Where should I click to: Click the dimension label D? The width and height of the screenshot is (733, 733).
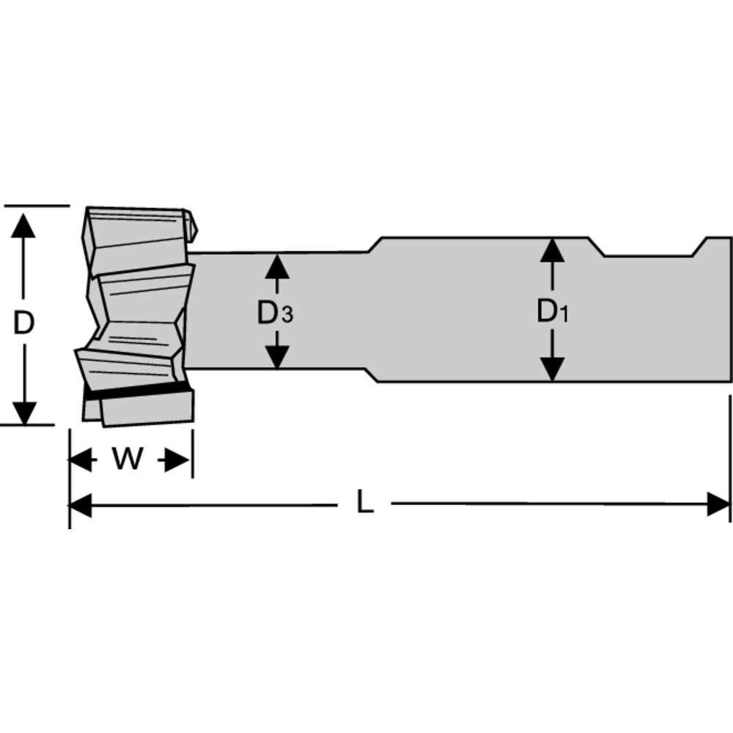[24, 322]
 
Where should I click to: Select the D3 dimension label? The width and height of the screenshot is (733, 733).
[275, 314]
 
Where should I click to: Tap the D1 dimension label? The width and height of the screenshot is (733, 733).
[552, 312]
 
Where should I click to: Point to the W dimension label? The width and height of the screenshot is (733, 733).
[128, 460]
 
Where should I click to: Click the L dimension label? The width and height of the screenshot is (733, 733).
[364, 504]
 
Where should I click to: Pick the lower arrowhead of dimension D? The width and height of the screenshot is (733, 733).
[24, 413]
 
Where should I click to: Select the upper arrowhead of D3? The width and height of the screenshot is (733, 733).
[276, 264]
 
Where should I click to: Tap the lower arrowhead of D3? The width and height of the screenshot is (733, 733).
[276, 357]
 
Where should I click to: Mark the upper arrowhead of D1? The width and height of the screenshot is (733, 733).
[552, 250]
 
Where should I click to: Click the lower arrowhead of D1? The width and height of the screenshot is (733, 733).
[552, 369]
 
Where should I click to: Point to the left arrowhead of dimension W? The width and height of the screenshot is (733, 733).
[81, 460]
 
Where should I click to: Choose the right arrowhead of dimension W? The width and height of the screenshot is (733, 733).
[179, 460]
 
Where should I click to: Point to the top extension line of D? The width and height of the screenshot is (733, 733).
[37, 206]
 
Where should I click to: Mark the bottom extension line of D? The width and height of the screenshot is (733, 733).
[37, 424]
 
